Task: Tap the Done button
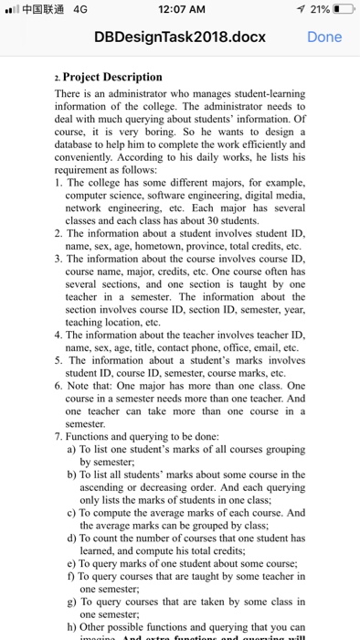coord(324,37)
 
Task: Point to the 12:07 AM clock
coord(180,10)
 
